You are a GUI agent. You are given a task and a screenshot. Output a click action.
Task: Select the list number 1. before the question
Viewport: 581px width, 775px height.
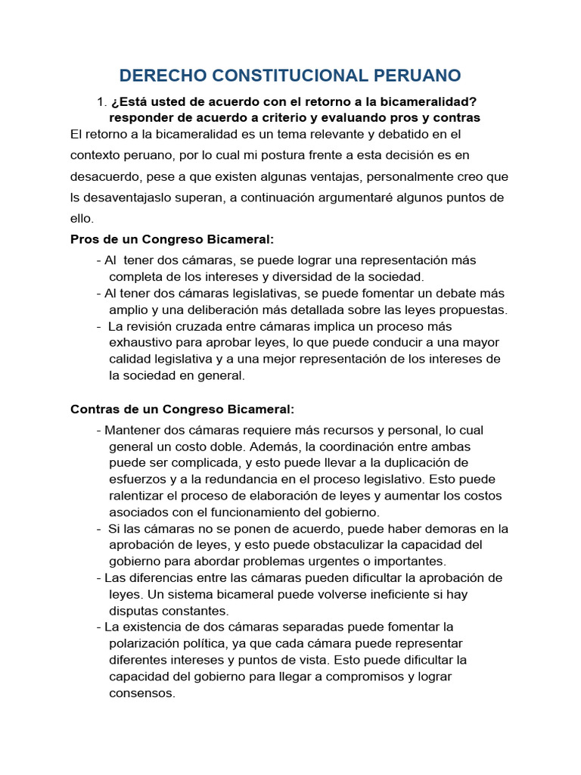pyautogui.click(x=101, y=101)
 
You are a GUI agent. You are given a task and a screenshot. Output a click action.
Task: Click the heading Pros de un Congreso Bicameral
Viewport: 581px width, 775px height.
pyautogui.click(x=172, y=239)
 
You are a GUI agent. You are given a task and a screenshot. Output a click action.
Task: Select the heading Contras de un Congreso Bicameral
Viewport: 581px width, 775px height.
pyautogui.click(x=182, y=409)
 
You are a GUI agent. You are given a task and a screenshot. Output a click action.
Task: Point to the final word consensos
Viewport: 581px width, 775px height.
pyautogui.click(x=142, y=693)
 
